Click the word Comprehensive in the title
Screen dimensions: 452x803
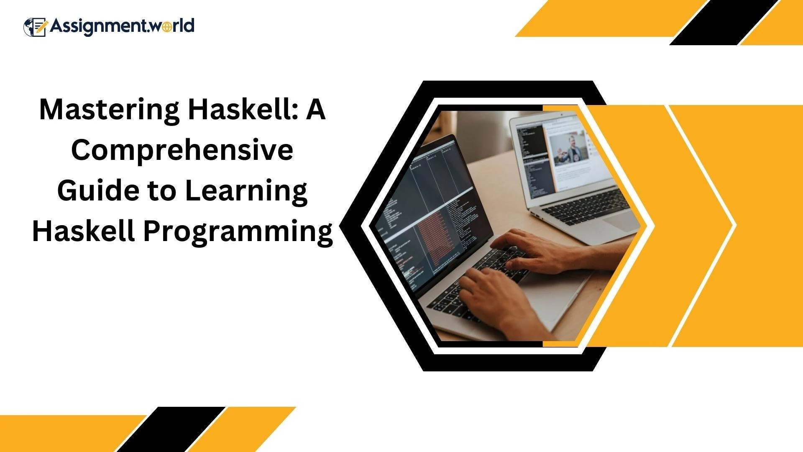[x=182, y=150]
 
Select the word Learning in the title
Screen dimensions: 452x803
[x=246, y=191]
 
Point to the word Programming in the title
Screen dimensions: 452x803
[x=238, y=231]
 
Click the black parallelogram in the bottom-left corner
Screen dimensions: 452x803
[x=171, y=429]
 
